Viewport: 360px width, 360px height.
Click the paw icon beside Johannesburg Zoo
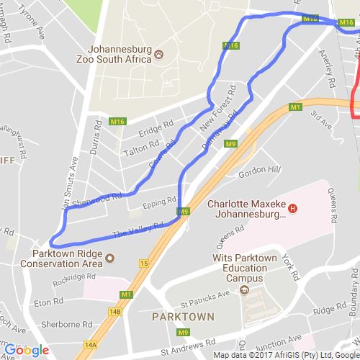(158, 54)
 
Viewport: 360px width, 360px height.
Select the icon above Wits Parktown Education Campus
(244, 290)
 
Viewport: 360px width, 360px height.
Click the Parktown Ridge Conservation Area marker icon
(109, 258)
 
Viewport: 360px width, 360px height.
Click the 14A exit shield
(90, 345)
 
